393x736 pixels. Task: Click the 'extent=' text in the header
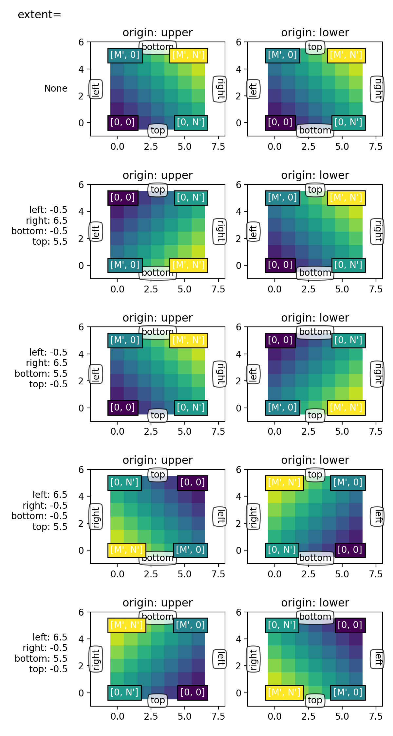[39, 15]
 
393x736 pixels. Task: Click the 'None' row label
[56, 88]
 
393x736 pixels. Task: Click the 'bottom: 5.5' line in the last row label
[41, 658]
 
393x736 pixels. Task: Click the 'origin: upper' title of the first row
[158, 33]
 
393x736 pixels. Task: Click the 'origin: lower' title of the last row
[315, 603]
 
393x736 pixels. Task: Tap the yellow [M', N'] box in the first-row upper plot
[189, 55]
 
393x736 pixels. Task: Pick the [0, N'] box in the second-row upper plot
[191, 198]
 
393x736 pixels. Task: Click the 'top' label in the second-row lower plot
[315, 189]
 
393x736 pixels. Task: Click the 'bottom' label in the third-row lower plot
[315, 332]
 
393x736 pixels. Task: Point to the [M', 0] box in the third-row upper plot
[125, 340]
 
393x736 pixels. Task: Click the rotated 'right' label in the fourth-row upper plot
[96, 517]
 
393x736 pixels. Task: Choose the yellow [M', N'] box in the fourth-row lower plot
[284, 482]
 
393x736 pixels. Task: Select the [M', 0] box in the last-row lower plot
[348, 692]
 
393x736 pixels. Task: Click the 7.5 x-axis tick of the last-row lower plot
[375, 716]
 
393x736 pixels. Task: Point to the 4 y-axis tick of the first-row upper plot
[81, 69]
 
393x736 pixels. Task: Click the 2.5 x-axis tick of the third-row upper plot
[151, 431]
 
